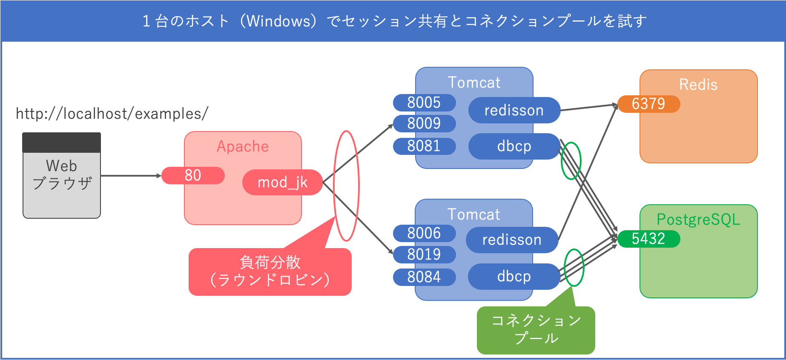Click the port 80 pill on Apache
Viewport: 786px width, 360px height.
click(x=193, y=175)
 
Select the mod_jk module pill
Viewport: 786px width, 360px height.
click(x=282, y=183)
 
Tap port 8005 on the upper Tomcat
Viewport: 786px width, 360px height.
click(x=424, y=103)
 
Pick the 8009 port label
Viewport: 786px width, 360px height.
click(x=424, y=123)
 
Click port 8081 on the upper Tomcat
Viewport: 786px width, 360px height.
click(x=424, y=146)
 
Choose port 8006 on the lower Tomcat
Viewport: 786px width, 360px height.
click(x=424, y=233)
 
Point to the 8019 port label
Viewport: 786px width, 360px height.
click(x=424, y=254)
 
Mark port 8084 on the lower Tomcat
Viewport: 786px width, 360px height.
click(x=424, y=277)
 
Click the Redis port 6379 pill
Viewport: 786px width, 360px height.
click(x=648, y=104)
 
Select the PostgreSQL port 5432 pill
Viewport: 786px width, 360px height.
click(x=648, y=239)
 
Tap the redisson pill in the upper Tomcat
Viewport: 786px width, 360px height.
click(x=514, y=110)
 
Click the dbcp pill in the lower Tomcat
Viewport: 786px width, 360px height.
click(x=514, y=277)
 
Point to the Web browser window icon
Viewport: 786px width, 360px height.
click(x=62, y=175)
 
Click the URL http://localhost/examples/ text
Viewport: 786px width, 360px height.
click(x=112, y=114)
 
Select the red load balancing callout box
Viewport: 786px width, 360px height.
click(x=270, y=271)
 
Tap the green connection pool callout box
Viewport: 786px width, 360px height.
click(x=536, y=330)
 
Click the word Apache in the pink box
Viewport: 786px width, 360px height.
click(x=243, y=146)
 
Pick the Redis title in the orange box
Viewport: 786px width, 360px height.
click(x=698, y=85)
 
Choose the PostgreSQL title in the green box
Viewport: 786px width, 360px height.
click(x=698, y=220)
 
